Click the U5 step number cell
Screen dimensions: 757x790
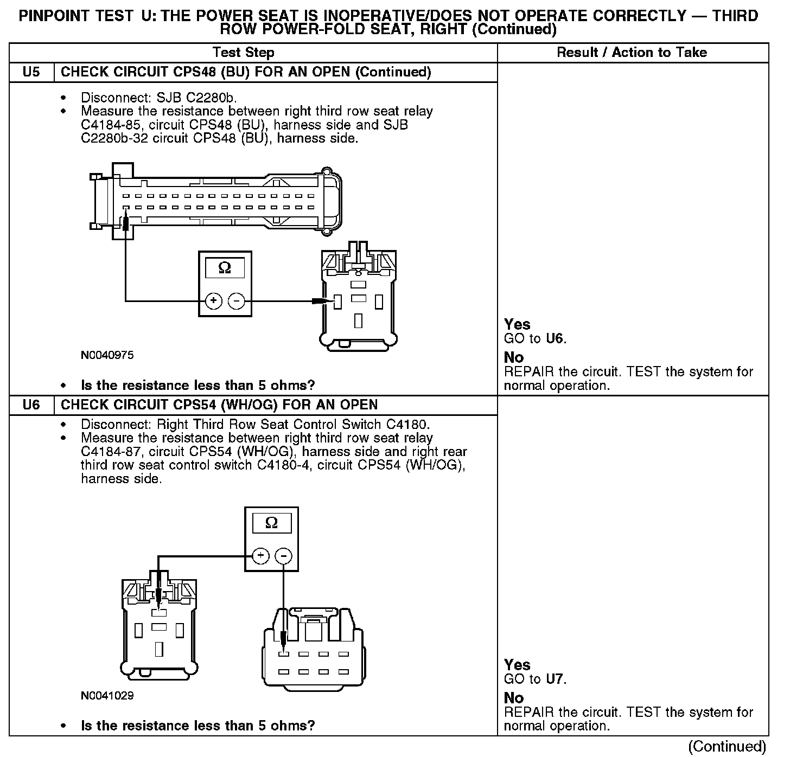[31, 72]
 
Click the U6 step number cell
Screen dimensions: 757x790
[31, 405]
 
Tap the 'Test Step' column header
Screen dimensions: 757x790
[244, 53]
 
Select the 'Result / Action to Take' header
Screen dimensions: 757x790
[632, 53]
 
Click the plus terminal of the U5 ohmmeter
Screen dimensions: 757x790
[214, 300]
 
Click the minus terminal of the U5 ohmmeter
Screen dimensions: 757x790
[236, 300]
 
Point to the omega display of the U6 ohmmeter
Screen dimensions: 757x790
[271, 523]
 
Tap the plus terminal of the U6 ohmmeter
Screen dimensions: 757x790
[261, 556]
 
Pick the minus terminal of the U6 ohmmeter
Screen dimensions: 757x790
[283, 556]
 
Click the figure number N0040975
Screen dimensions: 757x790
[107, 356]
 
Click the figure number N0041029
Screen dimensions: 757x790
[107, 696]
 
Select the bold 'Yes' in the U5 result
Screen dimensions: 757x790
[517, 324]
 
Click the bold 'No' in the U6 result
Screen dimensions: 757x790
[514, 698]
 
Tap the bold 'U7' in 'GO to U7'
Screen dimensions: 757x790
[555, 679]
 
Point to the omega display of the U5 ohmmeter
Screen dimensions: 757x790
[224, 267]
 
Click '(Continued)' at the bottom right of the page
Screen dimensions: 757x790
[727, 747]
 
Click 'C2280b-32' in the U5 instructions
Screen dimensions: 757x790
[113, 138]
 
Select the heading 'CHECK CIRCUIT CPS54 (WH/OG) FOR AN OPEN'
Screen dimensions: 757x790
[219, 405]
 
